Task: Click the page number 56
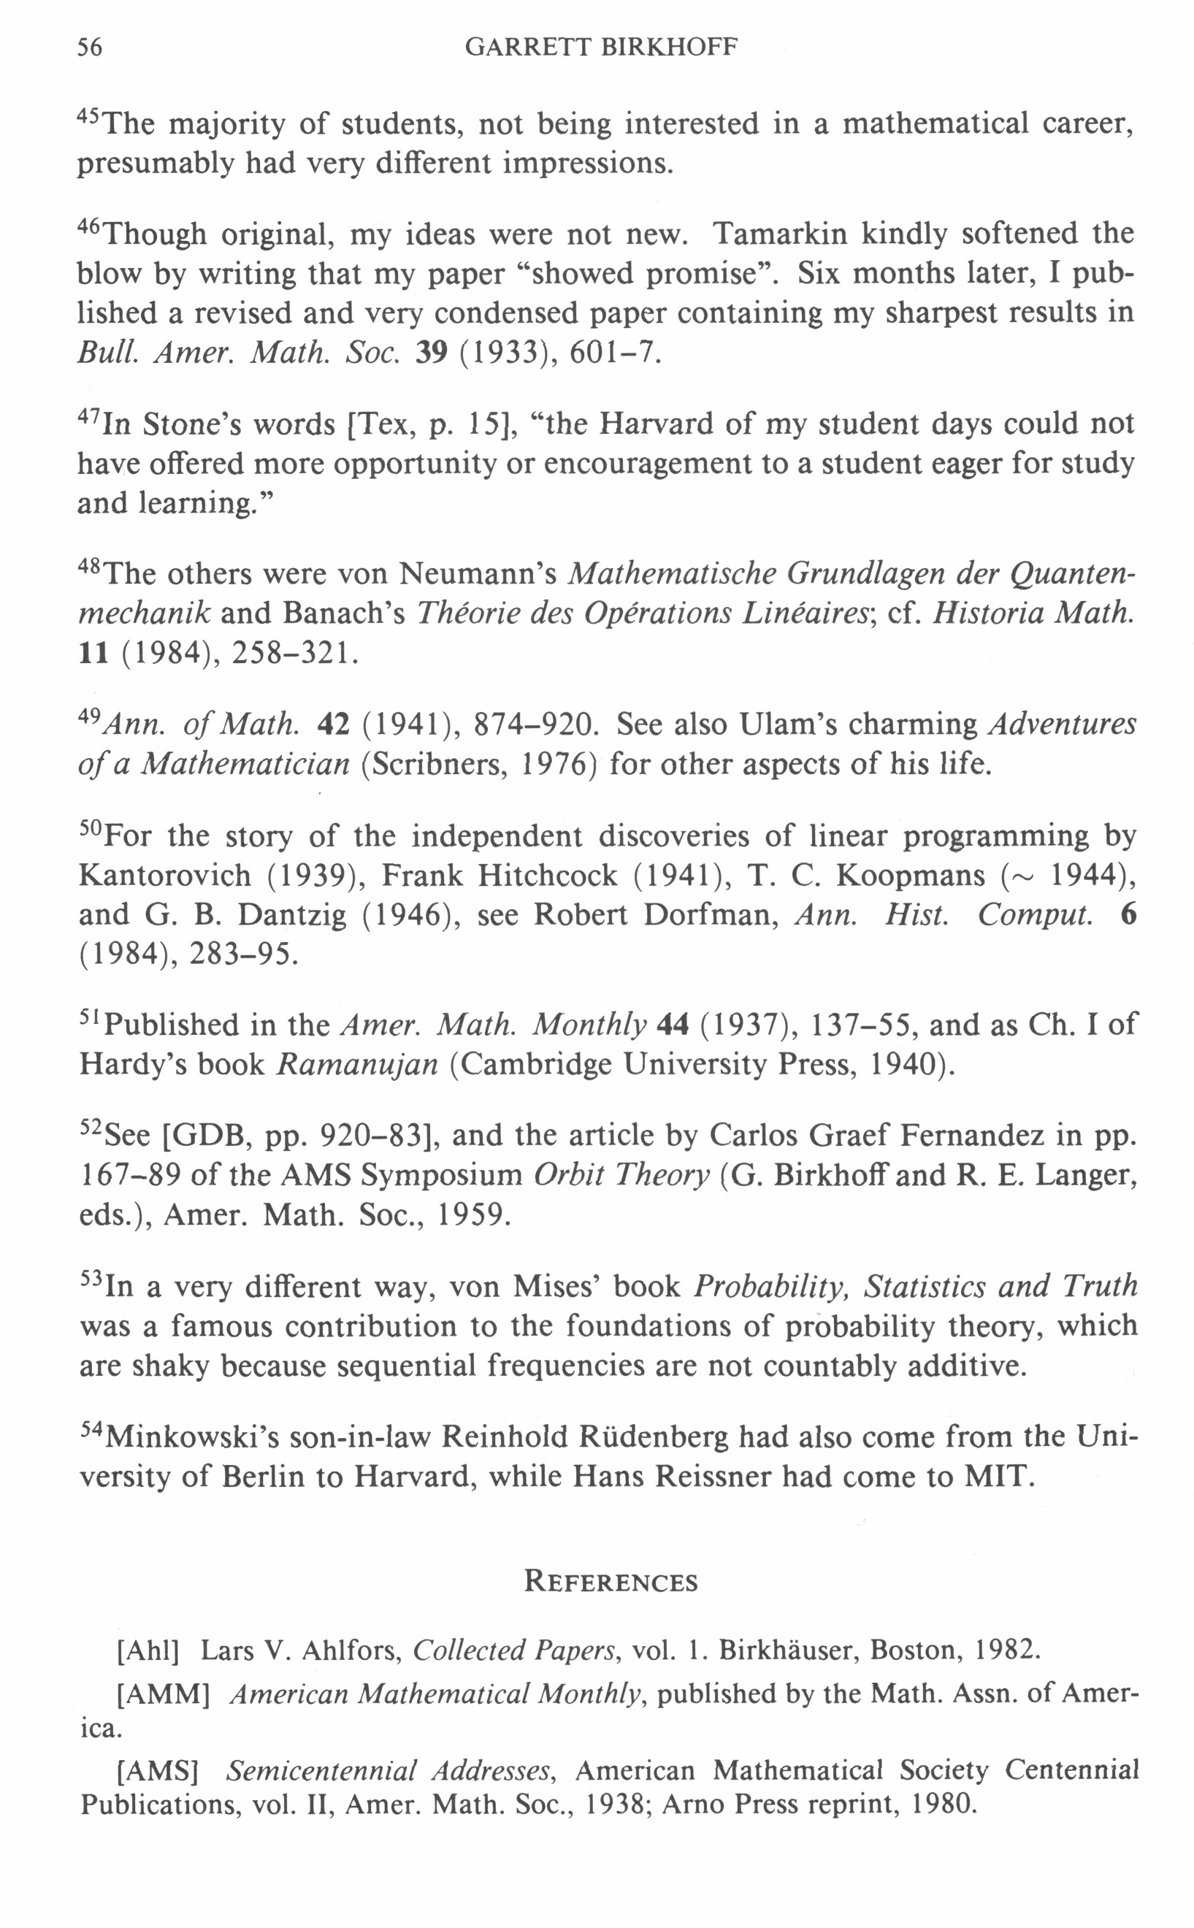point(89,47)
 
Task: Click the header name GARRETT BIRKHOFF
point(601,47)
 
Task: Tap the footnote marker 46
point(89,226)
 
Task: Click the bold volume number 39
point(431,352)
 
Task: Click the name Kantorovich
point(165,875)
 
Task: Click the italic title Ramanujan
point(357,1064)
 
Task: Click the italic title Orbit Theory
point(621,1175)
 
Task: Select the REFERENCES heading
point(611,1581)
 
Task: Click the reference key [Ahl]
point(148,1650)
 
